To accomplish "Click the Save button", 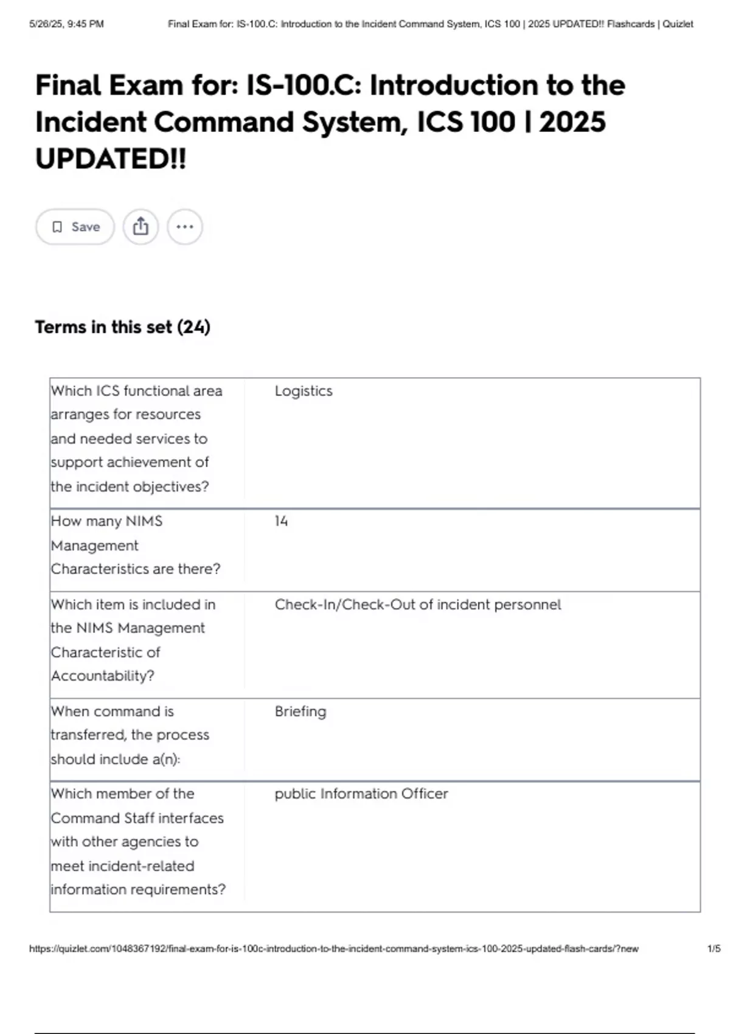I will click(75, 227).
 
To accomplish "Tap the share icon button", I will click(141, 227).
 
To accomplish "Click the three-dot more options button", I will click(184, 227).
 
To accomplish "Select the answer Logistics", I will click(304, 391).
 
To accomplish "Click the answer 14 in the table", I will click(281, 521).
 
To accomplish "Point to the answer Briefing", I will click(301, 712).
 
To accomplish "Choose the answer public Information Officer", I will click(361, 794).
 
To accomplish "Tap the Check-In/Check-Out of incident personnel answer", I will click(417, 605).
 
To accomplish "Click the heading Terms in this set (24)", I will click(122, 327).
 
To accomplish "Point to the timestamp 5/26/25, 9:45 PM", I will click(66, 24).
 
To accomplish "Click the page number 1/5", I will click(714, 949).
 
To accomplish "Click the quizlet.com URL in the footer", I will click(333, 949).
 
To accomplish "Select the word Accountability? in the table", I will click(103, 676).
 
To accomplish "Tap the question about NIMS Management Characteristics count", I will click(135, 545).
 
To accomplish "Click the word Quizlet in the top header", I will click(678, 24).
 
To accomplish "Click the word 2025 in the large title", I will click(572, 122).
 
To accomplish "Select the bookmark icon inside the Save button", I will click(57, 227).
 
